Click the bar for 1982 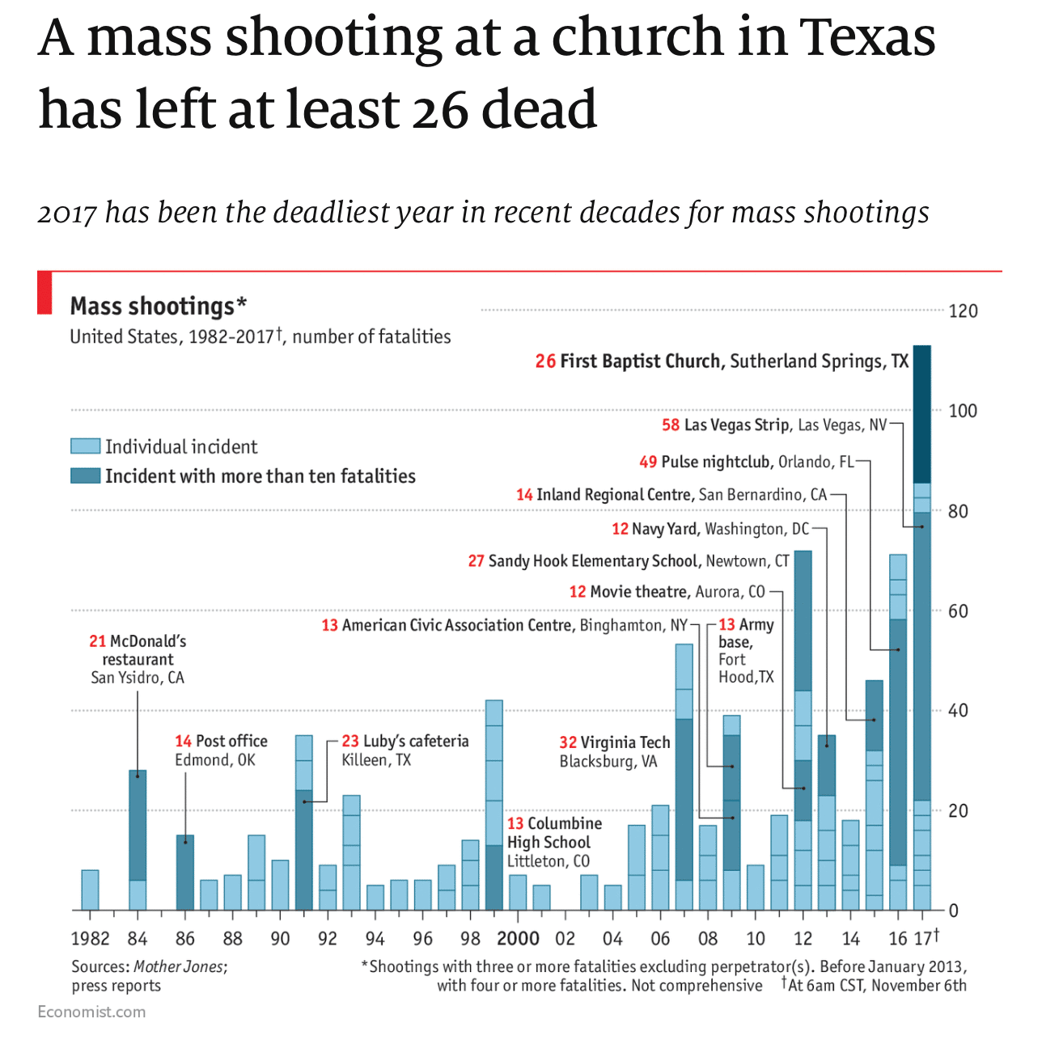[x=90, y=890]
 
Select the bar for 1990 [x=280, y=885]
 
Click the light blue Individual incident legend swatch [x=85, y=446]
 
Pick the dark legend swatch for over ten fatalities [x=85, y=476]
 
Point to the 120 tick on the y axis [x=963, y=311]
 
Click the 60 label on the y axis [x=958, y=611]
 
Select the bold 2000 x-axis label [x=518, y=938]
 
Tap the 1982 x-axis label [x=90, y=938]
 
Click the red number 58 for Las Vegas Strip [x=671, y=425]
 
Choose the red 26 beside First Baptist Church [x=545, y=361]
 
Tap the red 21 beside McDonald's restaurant [x=98, y=641]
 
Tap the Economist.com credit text [x=91, y=1012]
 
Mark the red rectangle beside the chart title [x=44, y=293]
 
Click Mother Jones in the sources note [x=179, y=966]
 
